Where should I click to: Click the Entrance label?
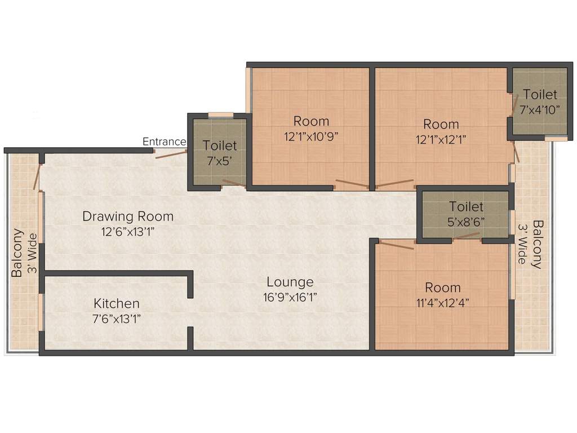(x=164, y=142)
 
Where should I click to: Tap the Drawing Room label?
(x=128, y=216)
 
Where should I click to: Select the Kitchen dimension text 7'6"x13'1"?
(x=117, y=319)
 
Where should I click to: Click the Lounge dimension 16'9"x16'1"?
(x=290, y=297)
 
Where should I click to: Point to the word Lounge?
(x=290, y=282)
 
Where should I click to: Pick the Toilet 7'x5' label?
(x=220, y=153)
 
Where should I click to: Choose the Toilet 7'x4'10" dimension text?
(x=540, y=110)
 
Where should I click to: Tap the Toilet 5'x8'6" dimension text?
(x=466, y=222)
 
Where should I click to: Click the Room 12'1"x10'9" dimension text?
(x=311, y=136)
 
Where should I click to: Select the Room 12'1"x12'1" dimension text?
(x=441, y=140)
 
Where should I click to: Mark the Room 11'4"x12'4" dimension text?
(x=443, y=303)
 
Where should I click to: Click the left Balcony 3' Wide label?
(x=24, y=253)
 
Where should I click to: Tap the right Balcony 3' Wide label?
(x=530, y=244)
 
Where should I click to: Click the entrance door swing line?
(x=171, y=154)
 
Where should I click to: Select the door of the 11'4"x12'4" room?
(x=396, y=245)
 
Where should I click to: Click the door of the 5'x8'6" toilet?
(x=466, y=236)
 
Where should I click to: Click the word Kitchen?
(x=117, y=303)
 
